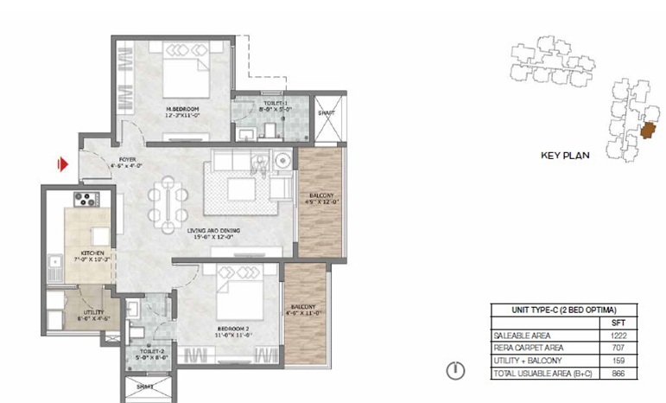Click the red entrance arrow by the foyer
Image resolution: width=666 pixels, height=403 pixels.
[63, 163]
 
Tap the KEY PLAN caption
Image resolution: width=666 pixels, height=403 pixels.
[564, 157]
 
